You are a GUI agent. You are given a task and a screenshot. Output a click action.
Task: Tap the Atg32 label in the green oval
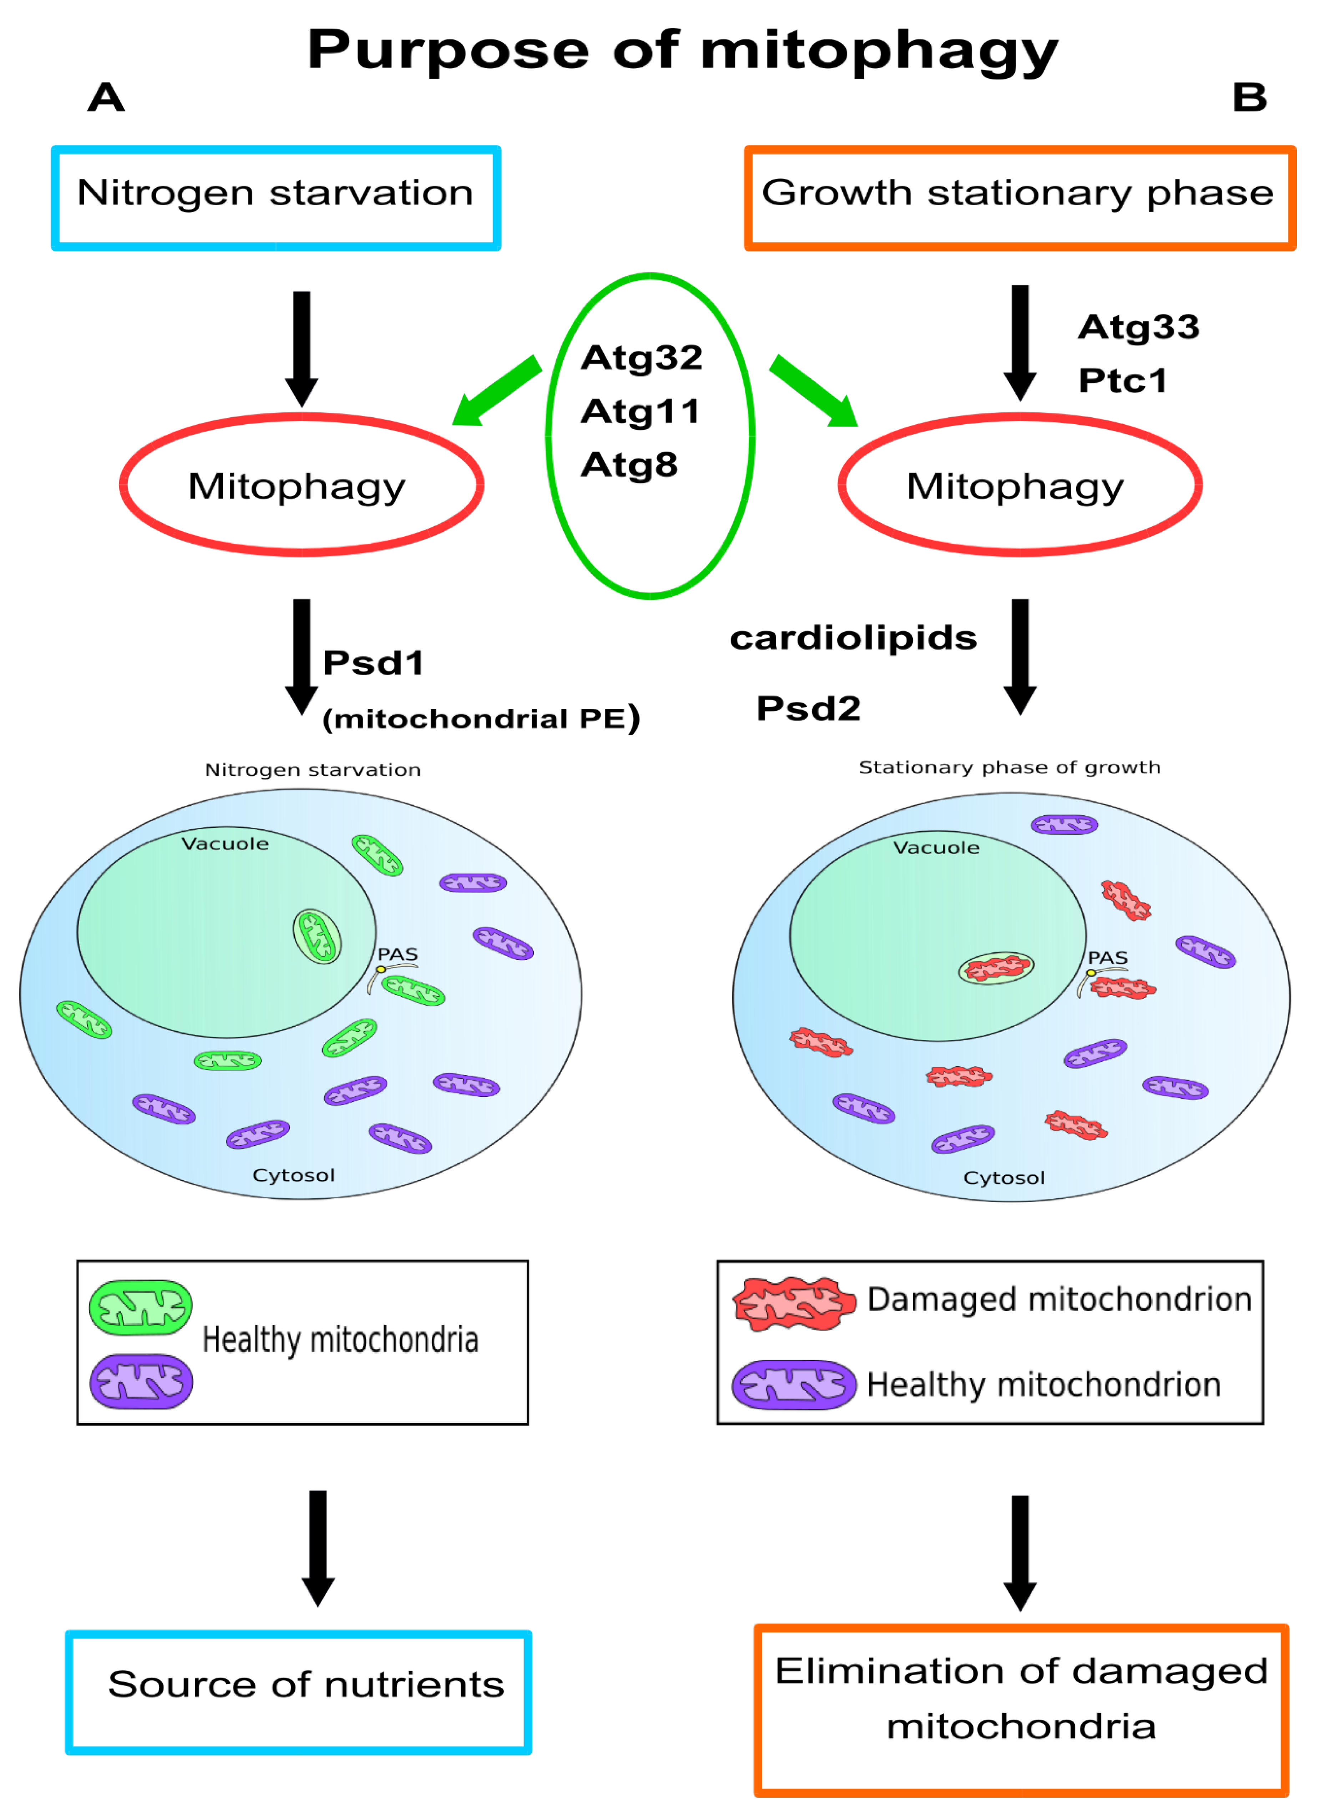pos(642,357)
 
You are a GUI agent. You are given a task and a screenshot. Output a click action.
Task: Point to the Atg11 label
pos(640,412)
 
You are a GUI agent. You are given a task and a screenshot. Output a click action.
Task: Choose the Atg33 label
pos(1139,327)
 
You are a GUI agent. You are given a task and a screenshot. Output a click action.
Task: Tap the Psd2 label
pos(809,708)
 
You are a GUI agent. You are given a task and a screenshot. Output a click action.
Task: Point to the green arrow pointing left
pos(495,392)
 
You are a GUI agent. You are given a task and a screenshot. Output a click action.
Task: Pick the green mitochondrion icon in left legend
pos(141,1308)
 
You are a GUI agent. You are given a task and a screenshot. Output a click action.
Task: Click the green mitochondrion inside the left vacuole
pos(317,936)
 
